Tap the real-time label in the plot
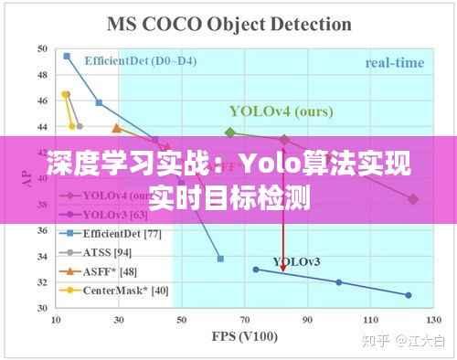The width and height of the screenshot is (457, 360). click(395, 63)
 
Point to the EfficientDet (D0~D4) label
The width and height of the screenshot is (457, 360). click(139, 61)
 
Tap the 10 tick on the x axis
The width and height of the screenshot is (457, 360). click(56, 321)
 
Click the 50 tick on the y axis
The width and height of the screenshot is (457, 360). click(43, 48)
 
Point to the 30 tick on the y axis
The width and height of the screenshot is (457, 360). click(43, 308)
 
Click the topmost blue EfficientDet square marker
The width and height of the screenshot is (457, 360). click(67, 56)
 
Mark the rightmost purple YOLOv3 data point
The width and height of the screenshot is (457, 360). click(409, 295)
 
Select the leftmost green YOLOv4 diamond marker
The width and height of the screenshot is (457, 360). click(230, 132)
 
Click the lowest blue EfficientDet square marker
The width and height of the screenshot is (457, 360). click(220, 259)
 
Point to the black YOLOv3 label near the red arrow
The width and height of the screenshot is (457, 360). click(297, 262)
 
